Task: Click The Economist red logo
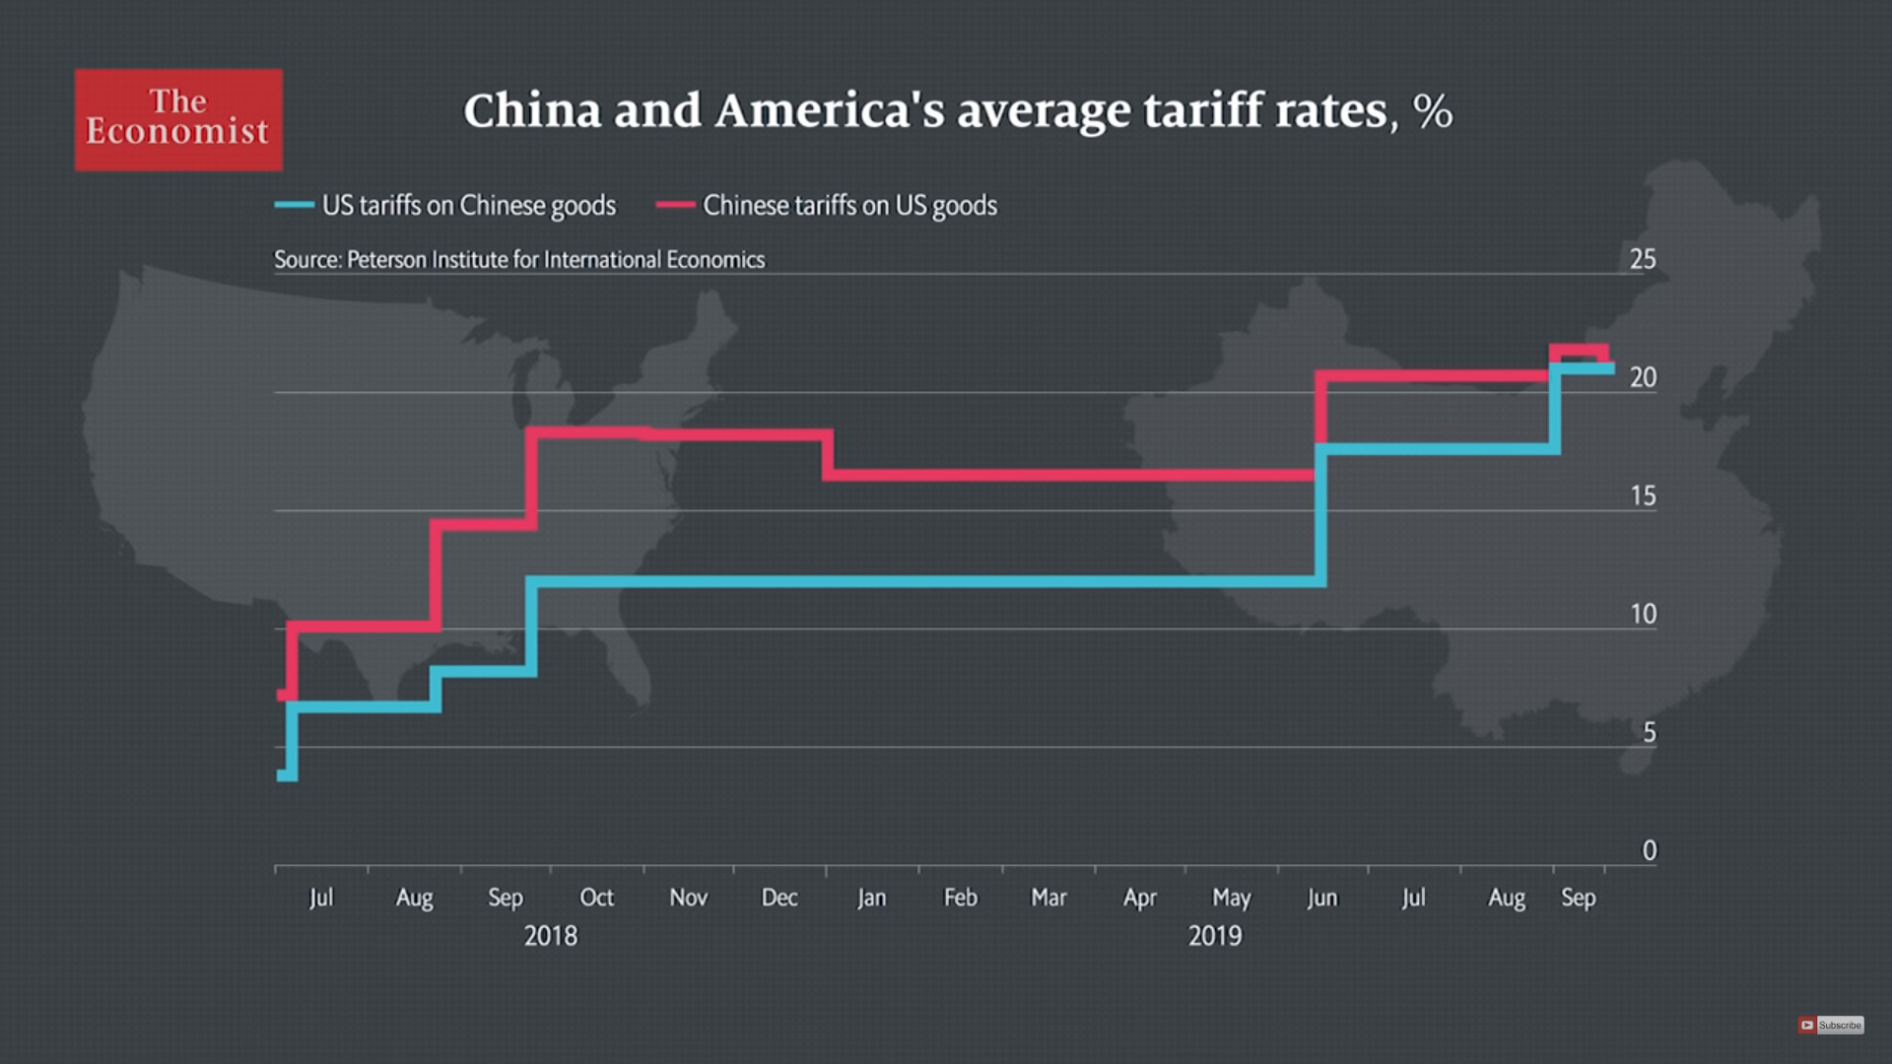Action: pyautogui.click(x=178, y=119)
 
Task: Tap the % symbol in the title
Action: pyautogui.click(x=1432, y=111)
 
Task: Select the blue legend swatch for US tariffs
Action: pyautogui.click(x=294, y=205)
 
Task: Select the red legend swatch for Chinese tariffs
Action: pyautogui.click(x=675, y=205)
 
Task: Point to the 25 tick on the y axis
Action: pyautogui.click(x=1643, y=259)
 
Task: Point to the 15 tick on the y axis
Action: pyautogui.click(x=1643, y=496)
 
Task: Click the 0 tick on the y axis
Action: pyautogui.click(x=1649, y=850)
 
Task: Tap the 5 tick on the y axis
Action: pyautogui.click(x=1649, y=732)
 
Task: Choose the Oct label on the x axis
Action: pyautogui.click(x=596, y=898)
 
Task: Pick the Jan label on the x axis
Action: pyautogui.click(x=871, y=898)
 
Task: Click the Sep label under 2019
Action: pyautogui.click(x=1578, y=898)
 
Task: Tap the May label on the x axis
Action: pyautogui.click(x=1231, y=898)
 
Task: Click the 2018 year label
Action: pyautogui.click(x=550, y=936)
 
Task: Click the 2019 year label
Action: pyautogui.click(x=1214, y=936)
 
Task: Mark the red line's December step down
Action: pyautogui.click(x=828, y=454)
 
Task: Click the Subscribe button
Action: pyautogui.click(x=1831, y=1026)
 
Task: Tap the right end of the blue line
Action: pyautogui.click(x=1610, y=368)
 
